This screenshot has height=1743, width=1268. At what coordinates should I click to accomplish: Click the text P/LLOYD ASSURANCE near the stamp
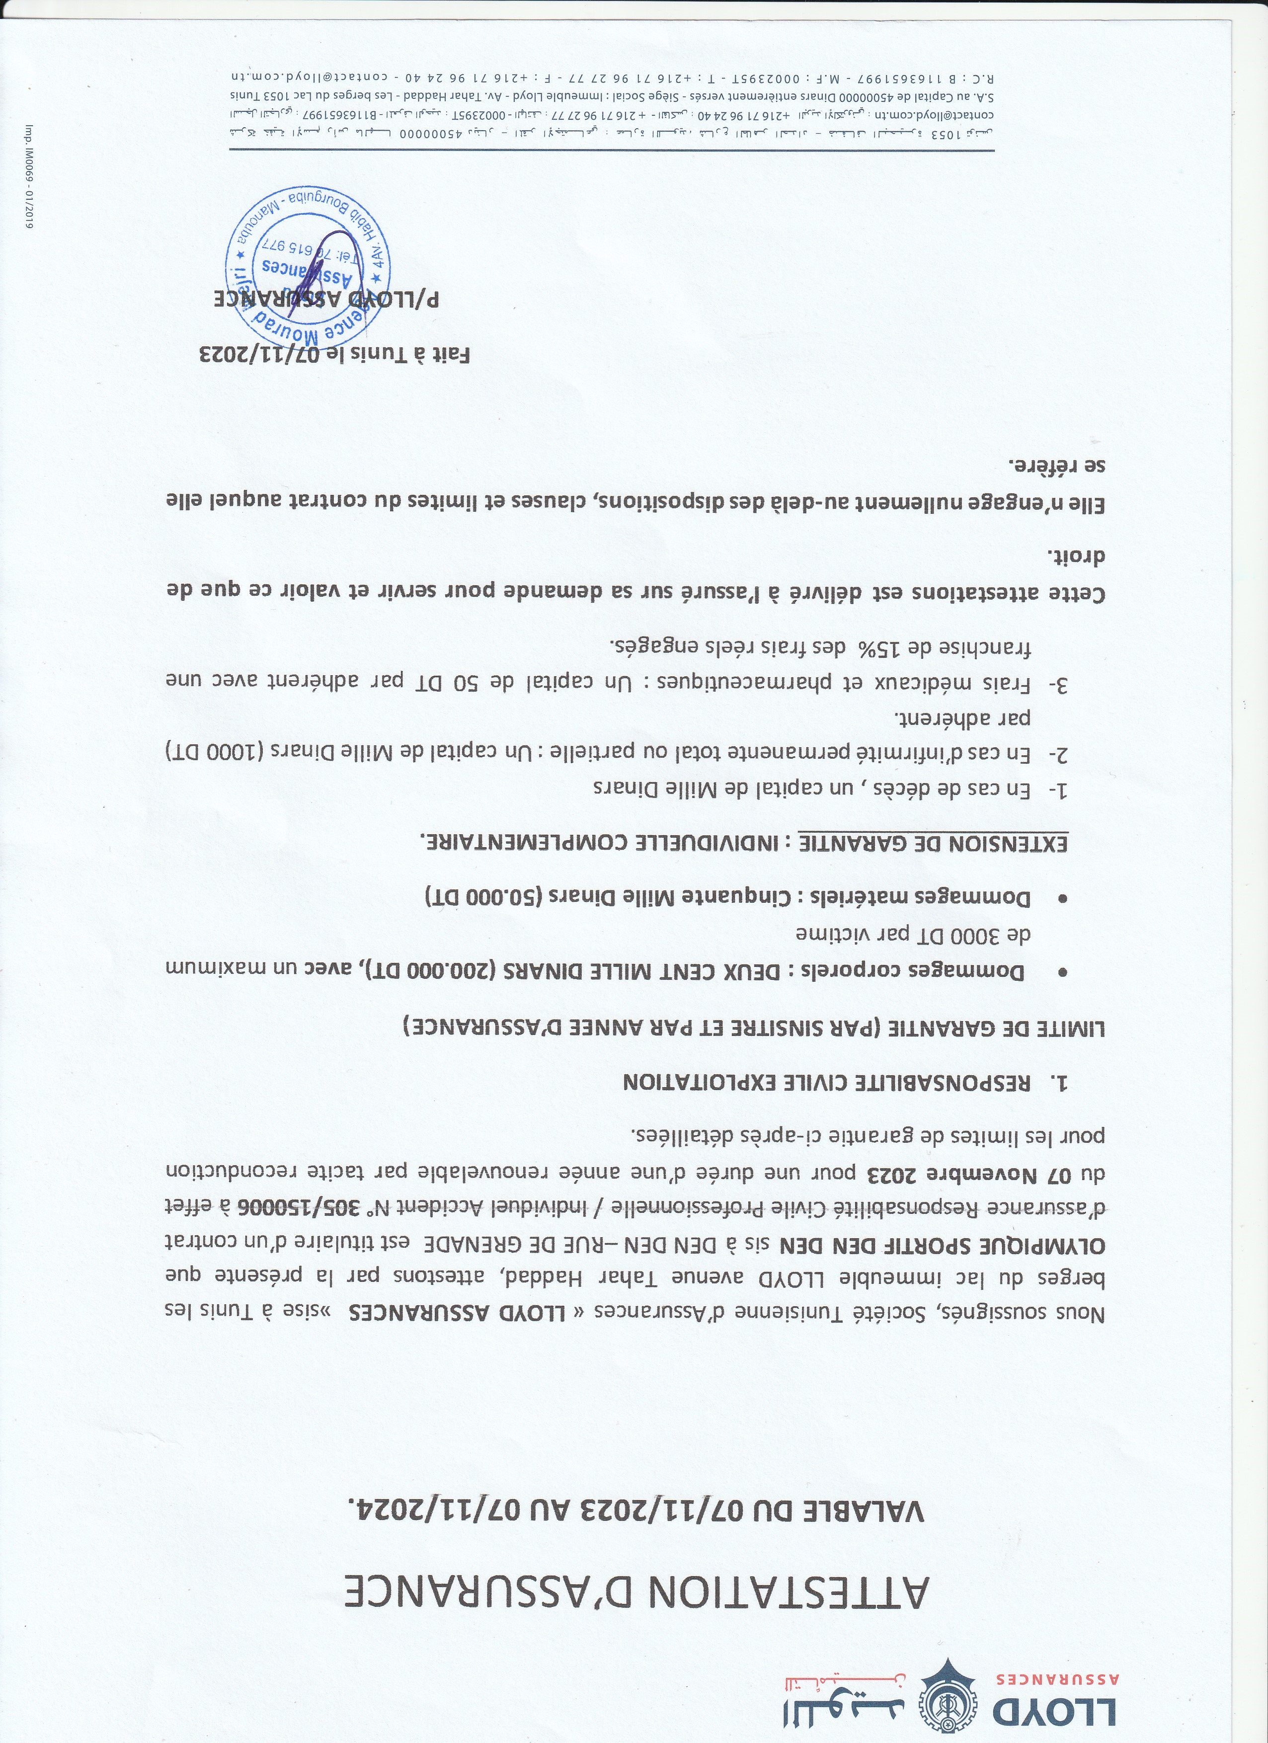pos(326,300)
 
